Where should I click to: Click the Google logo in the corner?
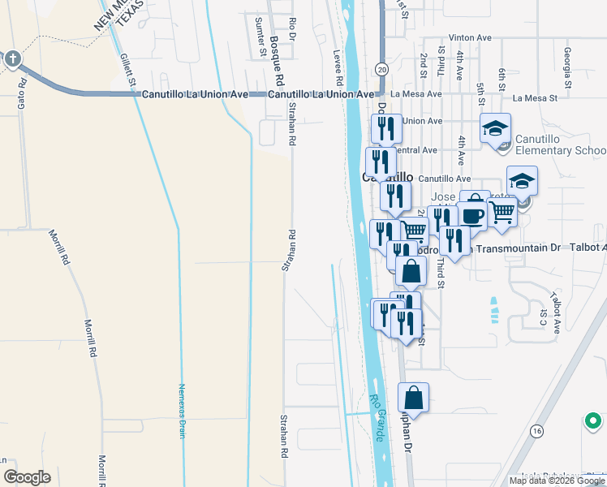point(27,477)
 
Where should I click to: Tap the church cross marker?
point(12,58)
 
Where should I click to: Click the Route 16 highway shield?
point(536,431)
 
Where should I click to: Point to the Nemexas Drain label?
point(183,411)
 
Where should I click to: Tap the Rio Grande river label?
point(377,418)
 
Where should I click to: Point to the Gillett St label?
point(126,71)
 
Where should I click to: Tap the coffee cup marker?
point(472,215)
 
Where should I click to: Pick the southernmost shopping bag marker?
point(413,398)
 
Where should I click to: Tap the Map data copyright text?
point(557,481)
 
